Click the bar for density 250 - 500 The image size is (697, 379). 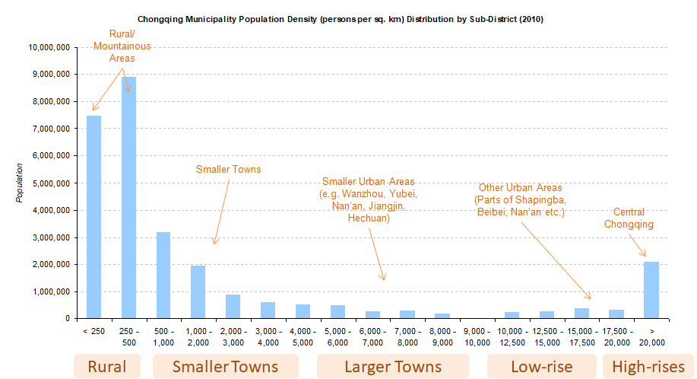(x=128, y=198)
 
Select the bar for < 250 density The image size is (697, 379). (x=93, y=217)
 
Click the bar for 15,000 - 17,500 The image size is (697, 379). (x=581, y=314)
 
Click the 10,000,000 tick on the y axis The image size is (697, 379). (x=50, y=47)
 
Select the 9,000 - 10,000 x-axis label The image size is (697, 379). (x=477, y=336)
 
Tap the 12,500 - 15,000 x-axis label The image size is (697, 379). (x=547, y=336)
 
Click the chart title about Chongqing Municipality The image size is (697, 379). (x=341, y=19)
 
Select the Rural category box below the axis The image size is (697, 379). (x=107, y=367)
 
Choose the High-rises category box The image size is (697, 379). (x=648, y=367)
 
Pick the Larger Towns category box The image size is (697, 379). (x=393, y=367)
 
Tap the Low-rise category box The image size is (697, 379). (x=541, y=367)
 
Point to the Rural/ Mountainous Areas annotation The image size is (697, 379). (x=122, y=46)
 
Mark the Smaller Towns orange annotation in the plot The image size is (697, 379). (x=228, y=170)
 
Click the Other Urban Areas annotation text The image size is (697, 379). (x=520, y=199)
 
